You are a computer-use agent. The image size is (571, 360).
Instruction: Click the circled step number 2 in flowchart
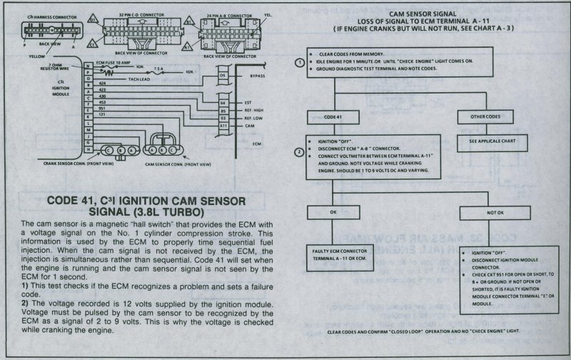pyautogui.click(x=301, y=151)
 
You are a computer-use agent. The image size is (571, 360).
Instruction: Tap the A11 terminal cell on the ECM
pyautogui.click(x=223, y=126)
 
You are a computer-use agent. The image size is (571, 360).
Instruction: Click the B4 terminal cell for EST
pyautogui.click(x=223, y=104)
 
